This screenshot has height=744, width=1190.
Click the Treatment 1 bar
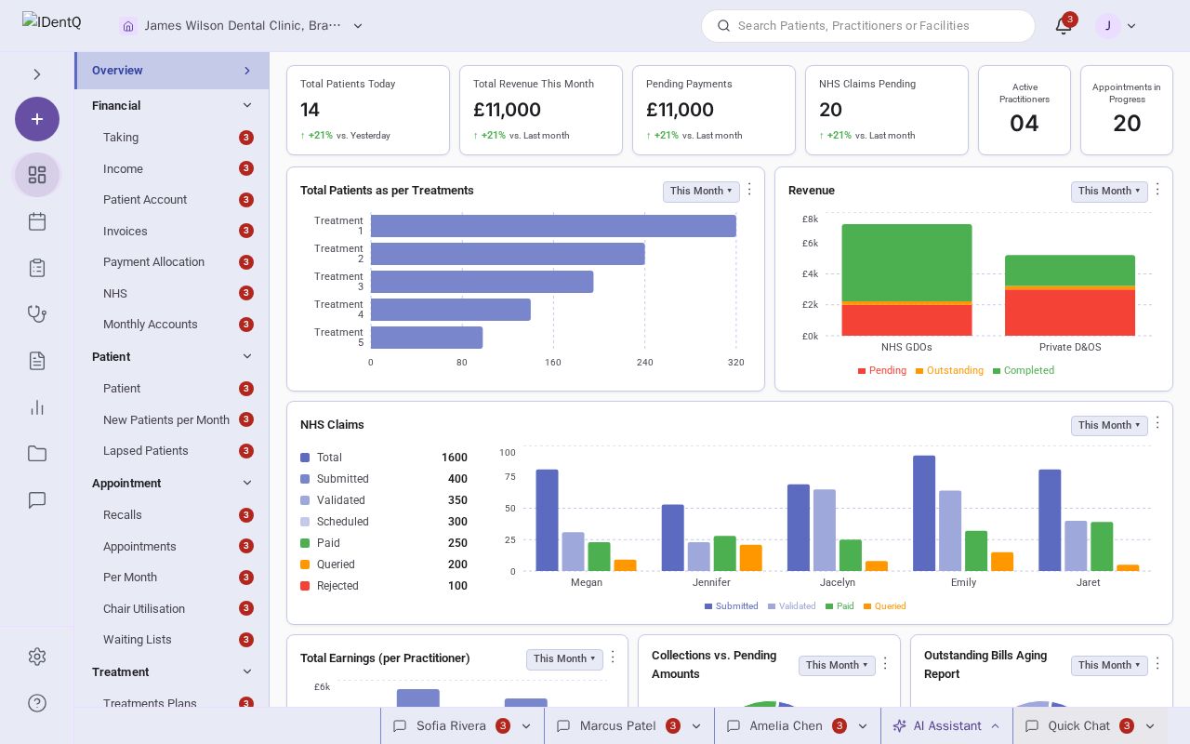point(553,226)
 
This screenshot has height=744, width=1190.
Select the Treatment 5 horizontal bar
point(427,338)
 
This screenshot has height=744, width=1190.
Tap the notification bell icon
point(1063,25)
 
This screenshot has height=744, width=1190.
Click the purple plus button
point(37,119)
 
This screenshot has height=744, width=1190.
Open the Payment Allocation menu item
point(153,262)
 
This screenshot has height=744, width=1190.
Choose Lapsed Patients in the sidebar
point(146,451)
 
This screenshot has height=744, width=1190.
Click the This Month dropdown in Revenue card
point(1109,191)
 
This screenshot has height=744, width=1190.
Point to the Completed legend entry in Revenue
point(1024,370)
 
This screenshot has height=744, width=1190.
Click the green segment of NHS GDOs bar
point(906,263)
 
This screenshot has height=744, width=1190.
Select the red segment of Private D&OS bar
point(1070,312)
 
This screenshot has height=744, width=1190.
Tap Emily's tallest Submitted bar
point(924,513)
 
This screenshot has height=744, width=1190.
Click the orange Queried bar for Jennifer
point(750,558)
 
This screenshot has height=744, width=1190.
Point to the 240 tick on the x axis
point(644,363)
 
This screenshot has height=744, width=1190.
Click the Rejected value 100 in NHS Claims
point(457,586)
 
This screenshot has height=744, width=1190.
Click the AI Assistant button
point(946,726)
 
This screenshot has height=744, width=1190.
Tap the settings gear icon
point(37,657)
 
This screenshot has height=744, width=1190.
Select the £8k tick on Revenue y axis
point(810,219)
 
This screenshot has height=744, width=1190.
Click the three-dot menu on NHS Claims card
point(1157,423)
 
